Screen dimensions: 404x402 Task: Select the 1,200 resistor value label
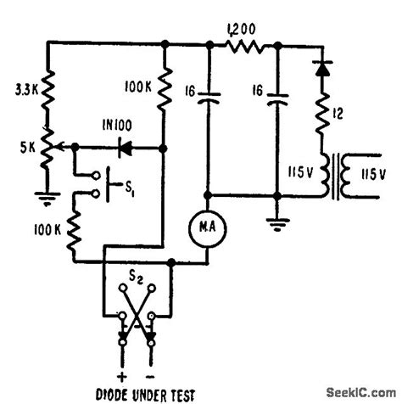(x=243, y=29)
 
